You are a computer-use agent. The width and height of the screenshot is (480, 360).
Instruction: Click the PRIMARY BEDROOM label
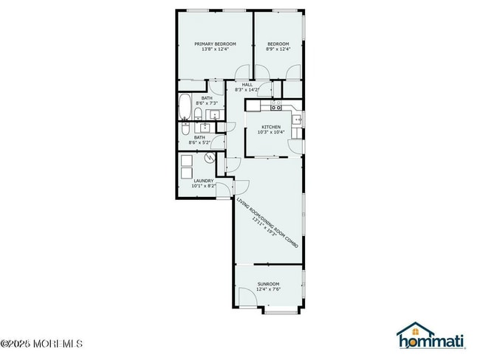coord(215,44)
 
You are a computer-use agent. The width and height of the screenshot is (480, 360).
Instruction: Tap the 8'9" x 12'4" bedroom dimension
coord(278,49)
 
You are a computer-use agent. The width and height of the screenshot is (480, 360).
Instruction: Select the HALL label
coord(247,84)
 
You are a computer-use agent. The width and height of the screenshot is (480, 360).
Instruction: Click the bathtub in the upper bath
coord(185,108)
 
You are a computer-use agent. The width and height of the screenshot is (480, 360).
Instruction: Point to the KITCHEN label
coord(271,127)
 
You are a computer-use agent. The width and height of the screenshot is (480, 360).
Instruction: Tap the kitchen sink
coord(296,119)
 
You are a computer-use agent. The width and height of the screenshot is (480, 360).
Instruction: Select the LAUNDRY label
coord(204,180)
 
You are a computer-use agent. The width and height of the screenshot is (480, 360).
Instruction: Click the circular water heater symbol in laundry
coord(210,157)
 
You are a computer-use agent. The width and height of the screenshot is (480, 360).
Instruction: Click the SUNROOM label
coord(268,284)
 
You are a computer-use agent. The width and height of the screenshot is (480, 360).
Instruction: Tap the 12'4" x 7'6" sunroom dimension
coord(268,290)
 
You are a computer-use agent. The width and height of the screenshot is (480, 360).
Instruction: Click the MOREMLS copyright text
coord(42,343)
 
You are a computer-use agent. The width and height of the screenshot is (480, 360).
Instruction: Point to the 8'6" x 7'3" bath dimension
coord(206,103)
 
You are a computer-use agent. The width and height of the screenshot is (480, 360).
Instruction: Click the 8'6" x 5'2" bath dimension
coord(199,142)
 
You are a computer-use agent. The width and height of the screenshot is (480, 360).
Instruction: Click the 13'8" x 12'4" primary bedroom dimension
coord(215,49)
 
